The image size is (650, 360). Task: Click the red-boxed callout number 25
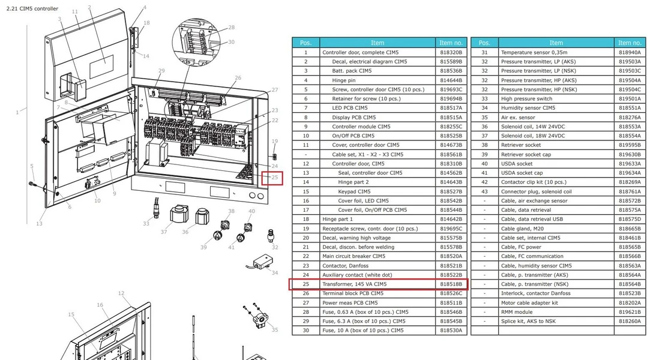(x=275, y=178)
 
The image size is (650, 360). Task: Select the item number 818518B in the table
(x=451, y=284)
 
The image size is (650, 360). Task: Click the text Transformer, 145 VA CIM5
(x=355, y=284)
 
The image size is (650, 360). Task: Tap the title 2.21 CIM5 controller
(x=32, y=8)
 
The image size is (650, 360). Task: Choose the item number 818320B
(x=451, y=53)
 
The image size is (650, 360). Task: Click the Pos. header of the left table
(x=305, y=43)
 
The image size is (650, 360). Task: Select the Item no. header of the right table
(x=630, y=43)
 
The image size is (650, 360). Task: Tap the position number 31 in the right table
(x=484, y=53)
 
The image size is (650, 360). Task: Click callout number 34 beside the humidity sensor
(x=275, y=272)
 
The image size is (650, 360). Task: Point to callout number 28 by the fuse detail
(x=231, y=28)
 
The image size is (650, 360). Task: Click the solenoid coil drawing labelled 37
(x=179, y=214)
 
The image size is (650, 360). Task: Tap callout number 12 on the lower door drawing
(x=121, y=293)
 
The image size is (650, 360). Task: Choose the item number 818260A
(x=630, y=321)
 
